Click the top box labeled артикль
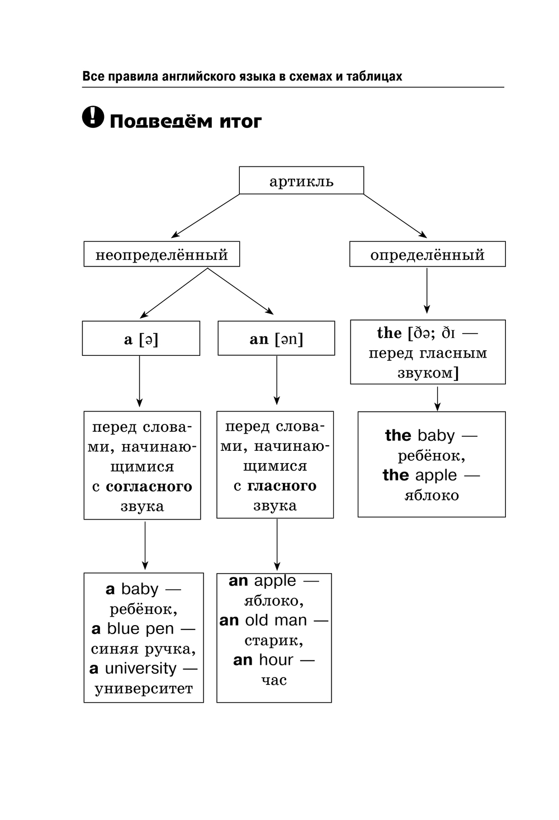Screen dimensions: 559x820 point(301,180)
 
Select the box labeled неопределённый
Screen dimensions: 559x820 point(162,254)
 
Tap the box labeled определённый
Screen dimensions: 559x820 point(428,254)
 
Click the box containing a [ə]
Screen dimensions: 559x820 point(141,338)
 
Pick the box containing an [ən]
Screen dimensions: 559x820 point(276,338)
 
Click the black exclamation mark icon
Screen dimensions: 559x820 point(93,117)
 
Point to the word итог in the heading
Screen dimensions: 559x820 point(241,122)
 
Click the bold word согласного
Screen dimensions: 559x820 point(149,487)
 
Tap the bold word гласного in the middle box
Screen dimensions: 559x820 point(282,486)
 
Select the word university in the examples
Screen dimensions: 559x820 point(141,669)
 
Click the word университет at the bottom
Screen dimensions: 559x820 point(144,689)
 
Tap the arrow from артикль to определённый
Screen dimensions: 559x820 point(395,216)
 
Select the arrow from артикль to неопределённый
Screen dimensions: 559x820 point(206,216)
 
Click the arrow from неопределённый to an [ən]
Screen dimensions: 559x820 point(241,291)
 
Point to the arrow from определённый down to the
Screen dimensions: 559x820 point(427,290)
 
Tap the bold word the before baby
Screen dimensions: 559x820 point(398,435)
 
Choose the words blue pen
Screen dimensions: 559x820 point(140,629)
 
